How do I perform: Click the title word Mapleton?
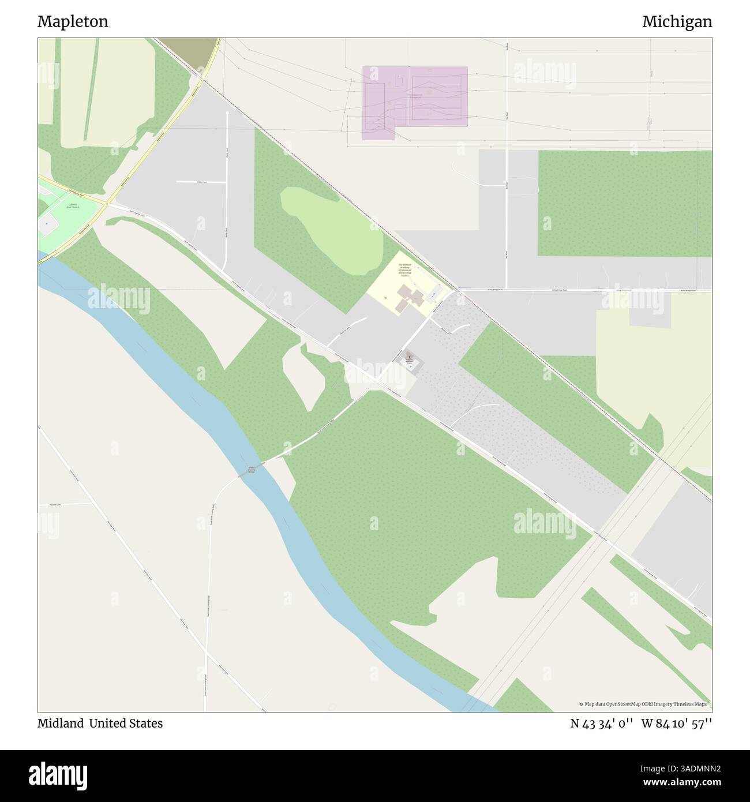tap(73, 21)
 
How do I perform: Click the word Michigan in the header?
tap(677, 21)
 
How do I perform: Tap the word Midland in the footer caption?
tap(61, 723)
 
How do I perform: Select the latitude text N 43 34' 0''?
tap(602, 724)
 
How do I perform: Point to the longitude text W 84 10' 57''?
tap(677, 724)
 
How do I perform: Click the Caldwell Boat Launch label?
tap(73, 205)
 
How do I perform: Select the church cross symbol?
tap(409, 355)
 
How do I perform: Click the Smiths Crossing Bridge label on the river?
tap(252, 470)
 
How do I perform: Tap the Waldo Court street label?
tap(201, 181)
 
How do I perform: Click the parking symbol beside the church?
tap(410, 366)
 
